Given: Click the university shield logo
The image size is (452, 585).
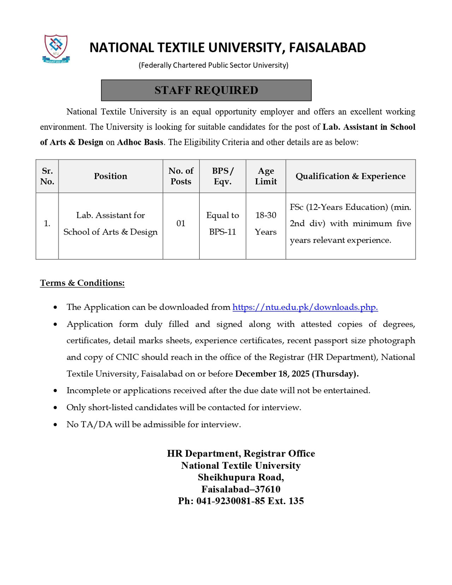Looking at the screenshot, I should coord(56,48).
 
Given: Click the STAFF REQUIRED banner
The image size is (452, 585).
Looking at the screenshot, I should coord(206,90).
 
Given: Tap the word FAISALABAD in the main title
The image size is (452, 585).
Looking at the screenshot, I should coord(327,48).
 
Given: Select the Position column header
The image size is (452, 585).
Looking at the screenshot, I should coord(111,176).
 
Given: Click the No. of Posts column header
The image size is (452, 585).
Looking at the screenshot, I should coord(181,176).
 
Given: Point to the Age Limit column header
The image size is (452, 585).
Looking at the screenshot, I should coord(266,176).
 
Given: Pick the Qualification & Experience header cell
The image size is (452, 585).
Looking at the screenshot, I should coord(350,176).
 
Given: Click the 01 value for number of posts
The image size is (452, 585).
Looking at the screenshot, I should coord(181,223).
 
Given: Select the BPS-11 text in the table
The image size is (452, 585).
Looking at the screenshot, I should coord(222,232).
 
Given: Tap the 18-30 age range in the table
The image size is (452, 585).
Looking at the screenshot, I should coord(266,215).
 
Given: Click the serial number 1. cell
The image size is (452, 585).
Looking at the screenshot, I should coord(47,223).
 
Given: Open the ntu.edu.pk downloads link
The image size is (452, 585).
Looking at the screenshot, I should coord(305,307).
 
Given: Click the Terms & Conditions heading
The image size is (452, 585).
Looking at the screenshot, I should coord(82,283).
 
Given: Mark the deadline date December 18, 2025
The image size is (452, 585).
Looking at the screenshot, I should coord(272,374).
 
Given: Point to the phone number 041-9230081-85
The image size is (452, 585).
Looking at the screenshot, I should coord(231,501).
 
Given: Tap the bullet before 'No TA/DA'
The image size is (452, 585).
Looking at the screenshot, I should coord(55,425).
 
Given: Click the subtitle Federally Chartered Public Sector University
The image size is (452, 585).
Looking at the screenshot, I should coord(213,65).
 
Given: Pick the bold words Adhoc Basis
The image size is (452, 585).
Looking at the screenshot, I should coord(140,142).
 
